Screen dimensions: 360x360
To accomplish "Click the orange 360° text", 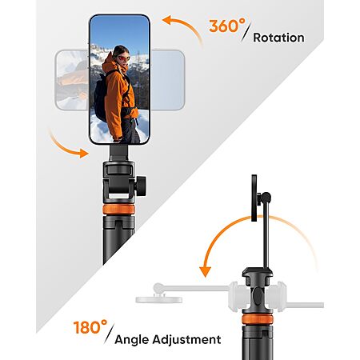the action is pyautogui.click(x=227, y=26).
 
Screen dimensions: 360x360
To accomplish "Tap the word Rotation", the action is pyautogui.click(x=278, y=38).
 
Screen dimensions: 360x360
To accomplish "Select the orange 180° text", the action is pyautogui.click(x=90, y=327).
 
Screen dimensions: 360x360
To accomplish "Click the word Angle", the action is pyautogui.click(x=132, y=340).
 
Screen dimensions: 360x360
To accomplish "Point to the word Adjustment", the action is pyautogui.click(x=186, y=339).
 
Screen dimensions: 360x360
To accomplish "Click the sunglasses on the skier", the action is pyautogui.click(x=124, y=58).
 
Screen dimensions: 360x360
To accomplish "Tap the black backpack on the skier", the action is pyautogui.click(x=101, y=96).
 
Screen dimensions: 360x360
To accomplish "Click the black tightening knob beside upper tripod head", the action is pyautogui.click(x=141, y=186).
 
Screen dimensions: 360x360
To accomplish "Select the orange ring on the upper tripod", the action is pyautogui.click(x=118, y=210).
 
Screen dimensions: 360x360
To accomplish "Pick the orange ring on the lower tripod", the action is pyautogui.click(x=258, y=319).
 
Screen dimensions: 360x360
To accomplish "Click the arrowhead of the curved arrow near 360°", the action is pyautogui.click(x=169, y=21).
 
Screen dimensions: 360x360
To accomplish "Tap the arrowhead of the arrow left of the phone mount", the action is pyautogui.click(x=83, y=154).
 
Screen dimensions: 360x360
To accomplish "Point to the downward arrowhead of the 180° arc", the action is pyautogui.click(x=206, y=272).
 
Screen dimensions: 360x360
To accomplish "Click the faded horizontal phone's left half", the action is pyautogui.click(x=72, y=80).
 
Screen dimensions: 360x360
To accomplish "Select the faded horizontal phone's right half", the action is pyautogui.click(x=167, y=80).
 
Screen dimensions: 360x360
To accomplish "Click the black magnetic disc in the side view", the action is pyautogui.click(x=254, y=198).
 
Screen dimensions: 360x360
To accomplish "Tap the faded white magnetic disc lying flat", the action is pyautogui.click(x=159, y=299).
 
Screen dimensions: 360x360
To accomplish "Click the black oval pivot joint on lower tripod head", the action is pyautogui.click(x=258, y=295).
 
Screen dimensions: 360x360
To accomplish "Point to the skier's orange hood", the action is pyautogui.click(x=110, y=63).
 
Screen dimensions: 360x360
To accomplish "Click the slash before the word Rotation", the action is pyautogui.click(x=246, y=31).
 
